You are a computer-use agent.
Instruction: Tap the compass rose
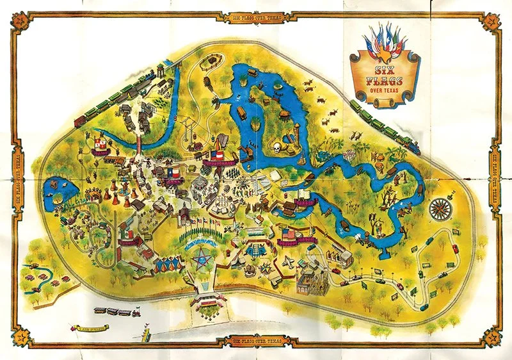[x=440, y=208]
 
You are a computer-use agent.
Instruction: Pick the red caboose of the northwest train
[x=79, y=120]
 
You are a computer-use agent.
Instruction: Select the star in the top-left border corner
[x=20, y=22]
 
